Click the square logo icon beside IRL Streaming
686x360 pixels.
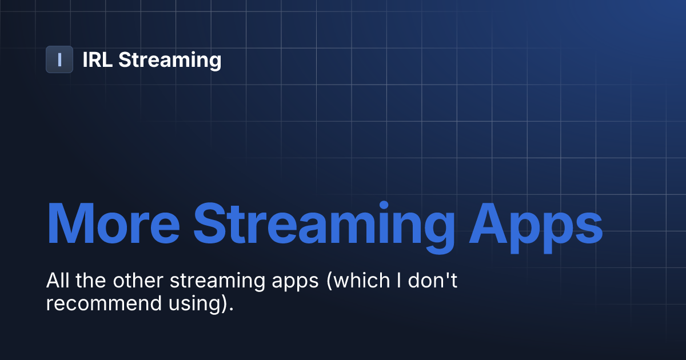[x=59, y=59]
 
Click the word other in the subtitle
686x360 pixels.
[x=129, y=281]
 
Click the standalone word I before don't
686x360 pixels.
[x=389, y=281]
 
